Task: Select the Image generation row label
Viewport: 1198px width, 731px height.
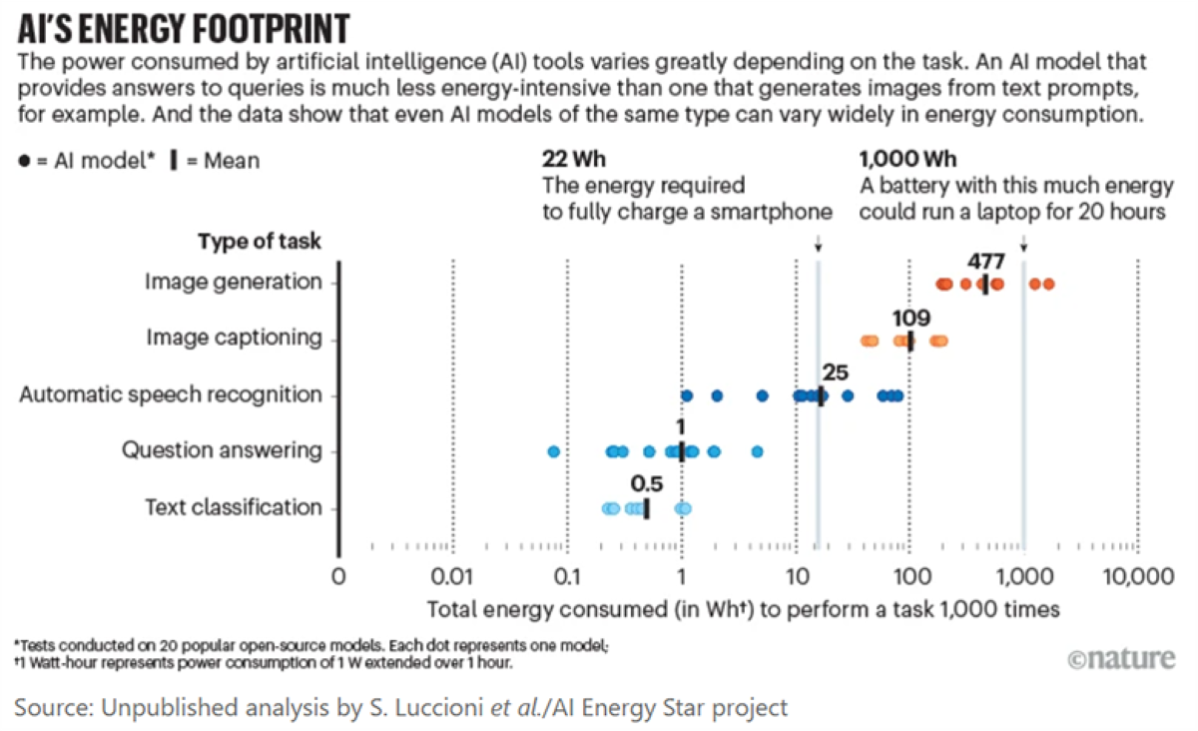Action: pos(233,282)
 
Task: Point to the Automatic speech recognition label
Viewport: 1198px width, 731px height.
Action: pos(171,394)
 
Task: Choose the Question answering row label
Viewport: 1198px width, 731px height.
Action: pos(222,450)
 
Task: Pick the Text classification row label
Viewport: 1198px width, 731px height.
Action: pos(234,507)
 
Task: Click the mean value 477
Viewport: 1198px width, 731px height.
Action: pos(985,262)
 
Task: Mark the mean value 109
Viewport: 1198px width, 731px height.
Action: pos(910,319)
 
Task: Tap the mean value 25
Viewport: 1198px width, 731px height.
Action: pos(835,373)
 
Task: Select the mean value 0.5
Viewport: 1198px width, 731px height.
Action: pos(647,484)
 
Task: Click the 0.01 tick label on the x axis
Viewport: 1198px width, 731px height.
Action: pos(453,578)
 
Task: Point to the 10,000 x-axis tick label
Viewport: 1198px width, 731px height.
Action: pos(1136,578)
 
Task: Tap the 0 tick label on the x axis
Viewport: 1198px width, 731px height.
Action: pos(339,578)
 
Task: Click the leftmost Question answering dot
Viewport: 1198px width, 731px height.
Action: pos(554,451)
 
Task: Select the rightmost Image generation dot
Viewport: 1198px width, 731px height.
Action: pos(1048,285)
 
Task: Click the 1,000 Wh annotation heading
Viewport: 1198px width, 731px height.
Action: pos(901,159)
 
